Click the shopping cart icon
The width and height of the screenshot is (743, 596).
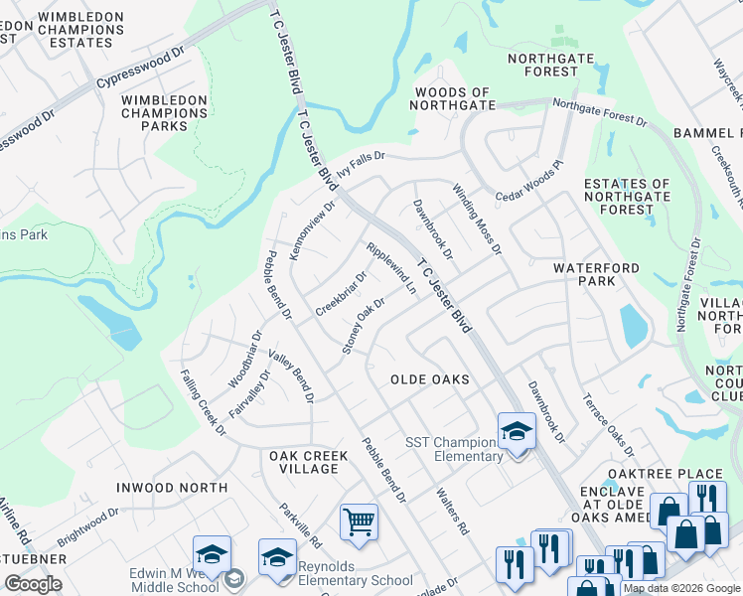(358, 520)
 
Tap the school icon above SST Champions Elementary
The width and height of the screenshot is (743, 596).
(517, 431)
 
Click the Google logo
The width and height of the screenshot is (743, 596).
(33, 584)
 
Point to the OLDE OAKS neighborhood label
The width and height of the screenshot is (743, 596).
(429, 379)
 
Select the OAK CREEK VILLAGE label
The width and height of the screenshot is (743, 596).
(309, 462)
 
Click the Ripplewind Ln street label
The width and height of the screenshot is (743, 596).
(391, 268)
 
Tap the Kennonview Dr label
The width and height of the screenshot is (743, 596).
(312, 229)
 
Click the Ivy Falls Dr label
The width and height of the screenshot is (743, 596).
(360, 163)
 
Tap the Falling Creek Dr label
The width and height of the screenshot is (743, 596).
(202, 402)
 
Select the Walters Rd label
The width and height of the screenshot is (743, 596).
(451, 512)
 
